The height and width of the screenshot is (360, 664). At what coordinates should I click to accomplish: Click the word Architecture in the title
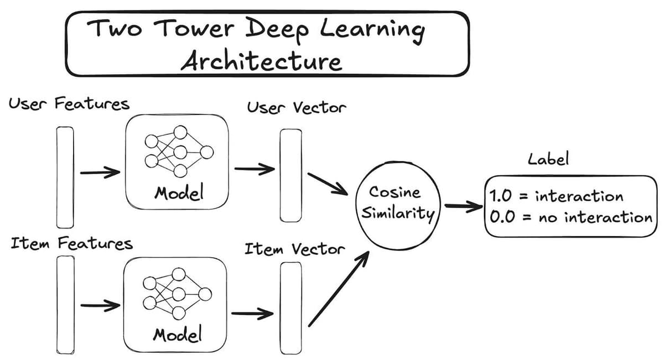click(x=261, y=60)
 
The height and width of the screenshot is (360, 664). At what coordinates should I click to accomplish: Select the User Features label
click(x=69, y=104)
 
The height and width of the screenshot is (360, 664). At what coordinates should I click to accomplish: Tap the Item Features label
click(x=72, y=244)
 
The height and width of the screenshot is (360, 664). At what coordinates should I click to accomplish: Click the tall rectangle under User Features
click(x=65, y=176)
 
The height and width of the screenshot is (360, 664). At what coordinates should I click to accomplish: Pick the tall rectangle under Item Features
click(x=65, y=305)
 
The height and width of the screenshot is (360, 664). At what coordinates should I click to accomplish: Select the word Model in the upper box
click(x=179, y=193)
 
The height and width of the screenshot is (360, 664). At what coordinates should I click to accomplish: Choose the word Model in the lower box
click(x=177, y=334)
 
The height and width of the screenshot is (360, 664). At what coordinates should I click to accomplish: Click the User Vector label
click(x=296, y=107)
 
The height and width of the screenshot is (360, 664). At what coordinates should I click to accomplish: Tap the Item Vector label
click(x=294, y=249)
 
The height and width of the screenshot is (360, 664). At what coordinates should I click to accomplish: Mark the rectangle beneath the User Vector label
click(x=290, y=175)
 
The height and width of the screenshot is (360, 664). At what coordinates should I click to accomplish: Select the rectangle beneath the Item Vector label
click(x=290, y=307)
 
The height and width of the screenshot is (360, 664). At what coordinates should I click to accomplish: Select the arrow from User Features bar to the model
click(x=100, y=173)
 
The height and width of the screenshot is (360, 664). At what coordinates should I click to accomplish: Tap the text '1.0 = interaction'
click(x=556, y=196)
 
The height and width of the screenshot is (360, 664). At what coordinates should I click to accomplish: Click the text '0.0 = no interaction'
click(x=570, y=217)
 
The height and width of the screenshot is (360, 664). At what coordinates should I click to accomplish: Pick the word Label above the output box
click(x=548, y=160)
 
